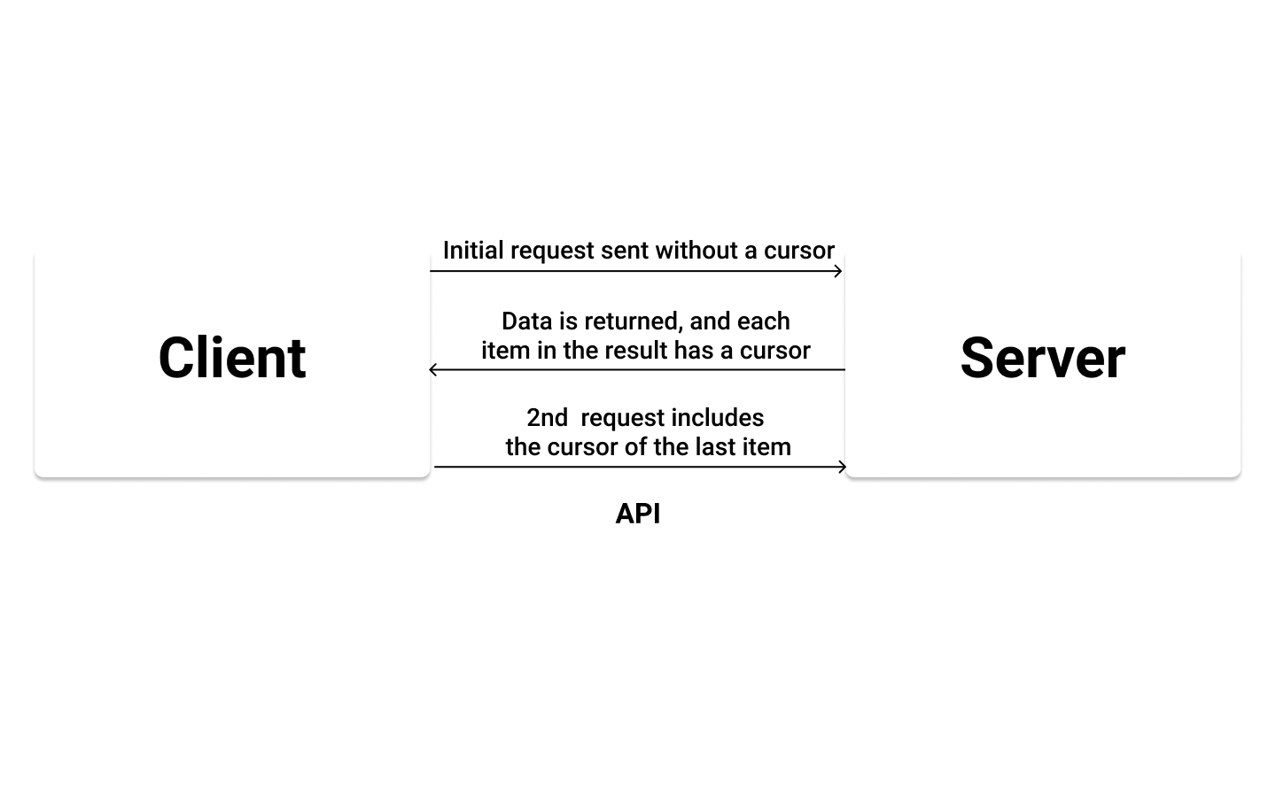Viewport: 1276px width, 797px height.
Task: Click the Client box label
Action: tap(232, 358)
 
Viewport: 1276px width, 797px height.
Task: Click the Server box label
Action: tap(1042, 358)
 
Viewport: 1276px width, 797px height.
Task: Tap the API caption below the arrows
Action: tap(638, 514)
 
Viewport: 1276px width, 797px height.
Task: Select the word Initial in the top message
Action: tap(473, 251)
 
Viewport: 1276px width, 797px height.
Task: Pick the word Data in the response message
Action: tap(527, 321)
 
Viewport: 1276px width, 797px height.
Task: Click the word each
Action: tap(763, 321)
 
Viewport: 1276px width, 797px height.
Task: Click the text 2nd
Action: tap(547, 418)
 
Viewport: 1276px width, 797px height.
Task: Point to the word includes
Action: tap(718, 418)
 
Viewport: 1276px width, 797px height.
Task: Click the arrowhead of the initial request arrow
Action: tap(838, 271)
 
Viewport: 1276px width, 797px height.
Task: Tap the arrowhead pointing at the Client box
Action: tap(433, 369)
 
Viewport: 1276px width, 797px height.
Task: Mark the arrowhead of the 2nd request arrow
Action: tap(843, 467)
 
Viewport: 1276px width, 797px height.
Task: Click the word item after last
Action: tap(766, 447)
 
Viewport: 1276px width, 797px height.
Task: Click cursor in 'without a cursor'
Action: tap(798, 251)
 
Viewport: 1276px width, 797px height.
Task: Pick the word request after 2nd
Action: tap(622, 418)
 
